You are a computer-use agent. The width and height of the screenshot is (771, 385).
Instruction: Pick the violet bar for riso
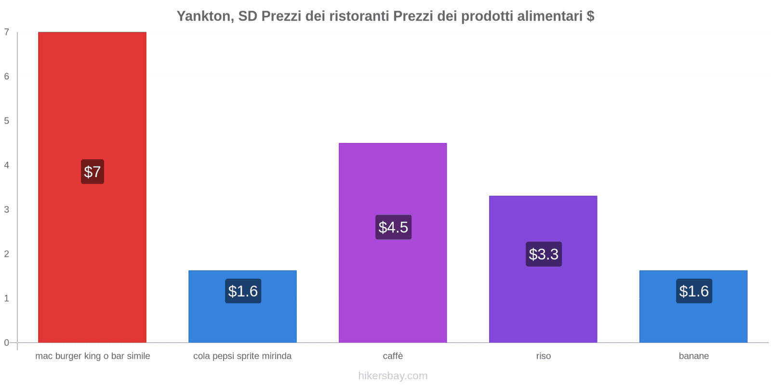click(x=543, y=298)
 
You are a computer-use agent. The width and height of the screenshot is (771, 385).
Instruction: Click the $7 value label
click(x=92, y=172)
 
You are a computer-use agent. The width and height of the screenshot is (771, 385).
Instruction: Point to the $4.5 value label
click(x=393, y=227)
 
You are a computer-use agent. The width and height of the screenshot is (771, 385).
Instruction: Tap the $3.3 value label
click(x=544, y=254)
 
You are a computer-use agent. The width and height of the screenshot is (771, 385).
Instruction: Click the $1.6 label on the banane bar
click(x=694, y=291)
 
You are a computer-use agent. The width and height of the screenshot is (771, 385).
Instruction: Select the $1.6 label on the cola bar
click(x=243, y=291)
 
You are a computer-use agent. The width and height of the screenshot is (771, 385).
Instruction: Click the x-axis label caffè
click(x=393, y=356)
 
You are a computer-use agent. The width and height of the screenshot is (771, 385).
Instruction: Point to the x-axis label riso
click(x=544, y=356)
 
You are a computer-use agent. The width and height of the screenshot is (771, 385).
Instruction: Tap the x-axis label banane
click(x=693, y=356)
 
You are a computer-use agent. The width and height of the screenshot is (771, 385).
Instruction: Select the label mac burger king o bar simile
click(x=93, y=356)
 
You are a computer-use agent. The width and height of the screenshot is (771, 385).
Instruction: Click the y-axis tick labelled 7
click(x=7, y=32)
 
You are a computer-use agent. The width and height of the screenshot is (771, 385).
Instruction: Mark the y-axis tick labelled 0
click(x=7, y=343)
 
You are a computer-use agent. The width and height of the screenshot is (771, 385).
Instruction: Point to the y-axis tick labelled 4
click(x=7, y=165)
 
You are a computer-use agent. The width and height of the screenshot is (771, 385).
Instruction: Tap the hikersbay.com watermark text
click(x=393, y=376)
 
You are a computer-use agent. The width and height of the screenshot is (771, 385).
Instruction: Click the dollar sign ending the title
click(x=590, y=16)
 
